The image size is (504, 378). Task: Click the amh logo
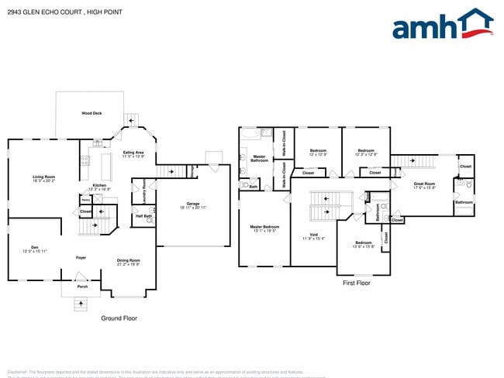pos(442,25)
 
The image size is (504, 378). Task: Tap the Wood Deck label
pos(91,113)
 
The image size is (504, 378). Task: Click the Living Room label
pos(43,178)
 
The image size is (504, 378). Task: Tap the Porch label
pos(82,285)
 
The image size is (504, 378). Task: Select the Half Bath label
pos(143,217)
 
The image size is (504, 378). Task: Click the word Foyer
pos(81,257)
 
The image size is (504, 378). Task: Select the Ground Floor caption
pos(119,318)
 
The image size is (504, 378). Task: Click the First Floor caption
pos(357,283)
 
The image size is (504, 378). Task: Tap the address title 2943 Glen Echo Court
pos(61,11)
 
